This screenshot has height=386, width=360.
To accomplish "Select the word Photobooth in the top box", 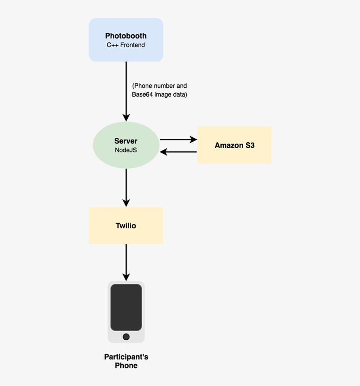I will point(126,36).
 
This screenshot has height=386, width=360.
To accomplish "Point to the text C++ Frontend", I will point(126,45).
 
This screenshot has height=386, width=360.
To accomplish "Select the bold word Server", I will point(126,141).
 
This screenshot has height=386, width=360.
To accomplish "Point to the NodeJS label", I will point(126,150).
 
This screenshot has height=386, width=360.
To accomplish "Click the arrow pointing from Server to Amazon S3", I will point(178,140).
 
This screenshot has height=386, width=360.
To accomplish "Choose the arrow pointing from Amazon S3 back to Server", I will point(178,152).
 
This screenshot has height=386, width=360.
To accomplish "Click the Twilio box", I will point(126,235).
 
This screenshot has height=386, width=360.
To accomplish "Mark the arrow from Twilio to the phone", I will point(126,262).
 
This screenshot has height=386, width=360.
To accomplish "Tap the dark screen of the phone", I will point(126,307).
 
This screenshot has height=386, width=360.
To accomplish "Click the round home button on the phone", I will point(126,337).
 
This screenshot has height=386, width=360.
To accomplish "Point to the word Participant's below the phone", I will point(126,357).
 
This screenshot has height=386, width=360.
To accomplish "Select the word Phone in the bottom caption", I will point(126,365).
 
